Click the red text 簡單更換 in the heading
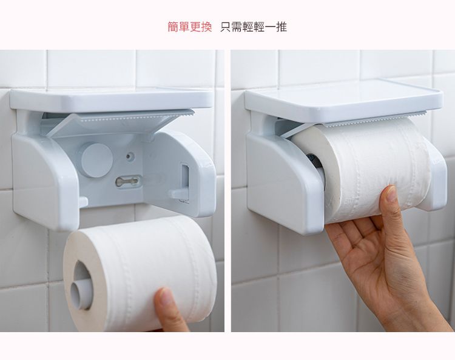coord(190,27)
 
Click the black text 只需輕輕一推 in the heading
coord(254,27)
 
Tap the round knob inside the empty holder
coord(96,160)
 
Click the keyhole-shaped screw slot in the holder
coord(127,181)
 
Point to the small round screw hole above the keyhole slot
coord(130,156)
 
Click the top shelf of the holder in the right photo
coord(344,99)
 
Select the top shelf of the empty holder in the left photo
coord(112,99)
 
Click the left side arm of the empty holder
coord(44,180)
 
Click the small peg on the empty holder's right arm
coord(178,193)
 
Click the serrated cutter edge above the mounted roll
coord(374,120)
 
